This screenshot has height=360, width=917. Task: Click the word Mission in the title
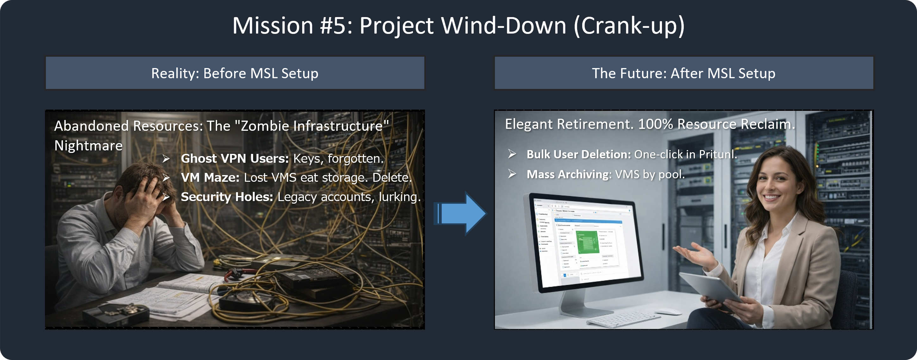click(x=273, y=26)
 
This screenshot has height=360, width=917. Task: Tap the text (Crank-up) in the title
click(x=629, y=26)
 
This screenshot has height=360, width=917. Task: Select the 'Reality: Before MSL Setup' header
click(x=235, y=73)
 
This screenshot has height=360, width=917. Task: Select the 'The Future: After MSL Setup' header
click(x=683, y=73)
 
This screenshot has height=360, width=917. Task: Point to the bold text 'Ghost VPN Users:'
click(x=234, y=158)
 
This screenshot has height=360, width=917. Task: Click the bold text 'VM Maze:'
click(x=210, y=177)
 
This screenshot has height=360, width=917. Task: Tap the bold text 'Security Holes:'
click(x=227, y=197)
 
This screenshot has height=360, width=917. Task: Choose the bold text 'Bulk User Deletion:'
click(x=578, y=154)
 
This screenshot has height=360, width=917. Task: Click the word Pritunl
click(x=717, y=154)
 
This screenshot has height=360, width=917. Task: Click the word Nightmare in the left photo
click(x=88, y=145)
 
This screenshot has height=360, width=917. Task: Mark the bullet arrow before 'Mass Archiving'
click(x=512, y=174)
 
